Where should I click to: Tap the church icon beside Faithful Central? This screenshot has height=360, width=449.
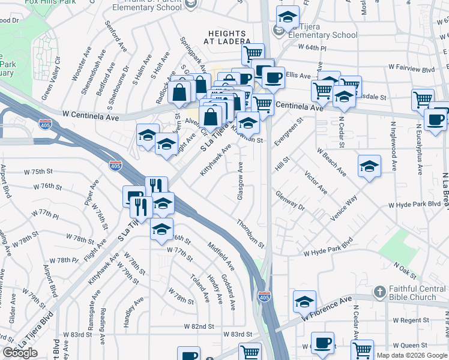(x=379, y=292)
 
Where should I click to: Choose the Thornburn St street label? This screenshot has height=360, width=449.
(x=250, y=233)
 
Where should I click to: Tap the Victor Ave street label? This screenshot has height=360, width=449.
(x=316, y=182)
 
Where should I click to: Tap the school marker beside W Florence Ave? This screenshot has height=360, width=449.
(x=304, y=301)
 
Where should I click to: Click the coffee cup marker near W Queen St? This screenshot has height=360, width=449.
(x=322, y=342)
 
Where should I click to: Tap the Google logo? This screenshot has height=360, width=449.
(x=20, y=353)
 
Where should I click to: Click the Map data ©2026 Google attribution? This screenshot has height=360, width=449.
(x=412, y=355)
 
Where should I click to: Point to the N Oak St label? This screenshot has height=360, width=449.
(x=405, y=269)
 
